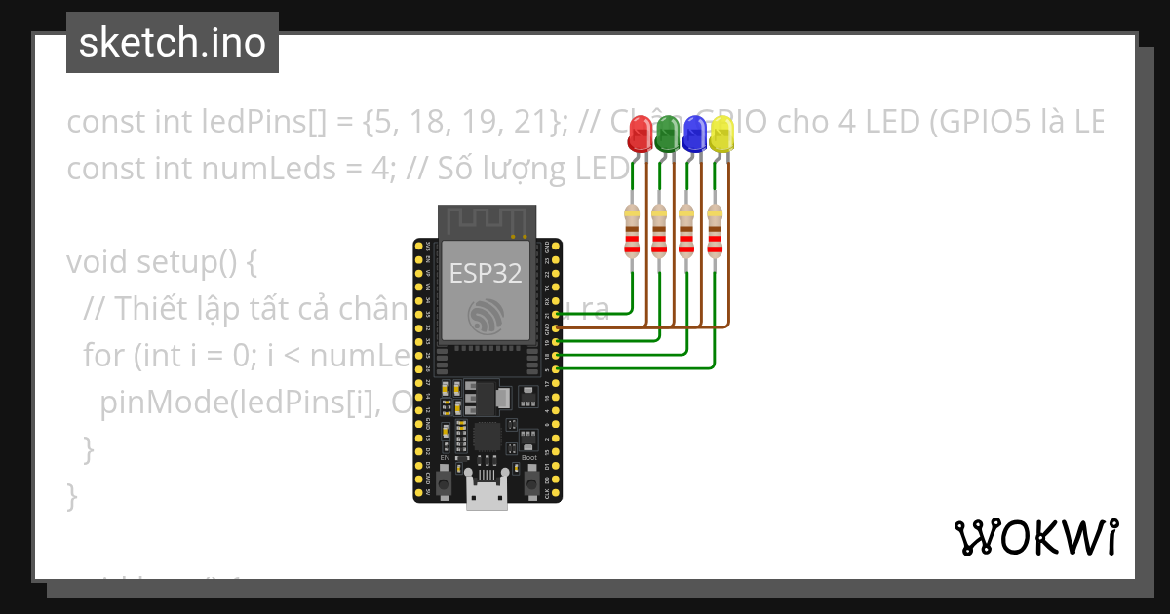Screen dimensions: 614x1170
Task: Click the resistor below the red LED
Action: click(632, 232)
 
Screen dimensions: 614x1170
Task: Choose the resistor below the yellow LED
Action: click(716, 232)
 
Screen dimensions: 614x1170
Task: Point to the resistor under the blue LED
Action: click(687, 232)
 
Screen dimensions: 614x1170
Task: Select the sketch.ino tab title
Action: click(173, 43)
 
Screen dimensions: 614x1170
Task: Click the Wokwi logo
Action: click(1035, 537)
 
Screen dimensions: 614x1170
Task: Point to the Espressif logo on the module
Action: click(486, 317)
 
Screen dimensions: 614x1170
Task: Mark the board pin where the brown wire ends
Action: click(556, 329)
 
